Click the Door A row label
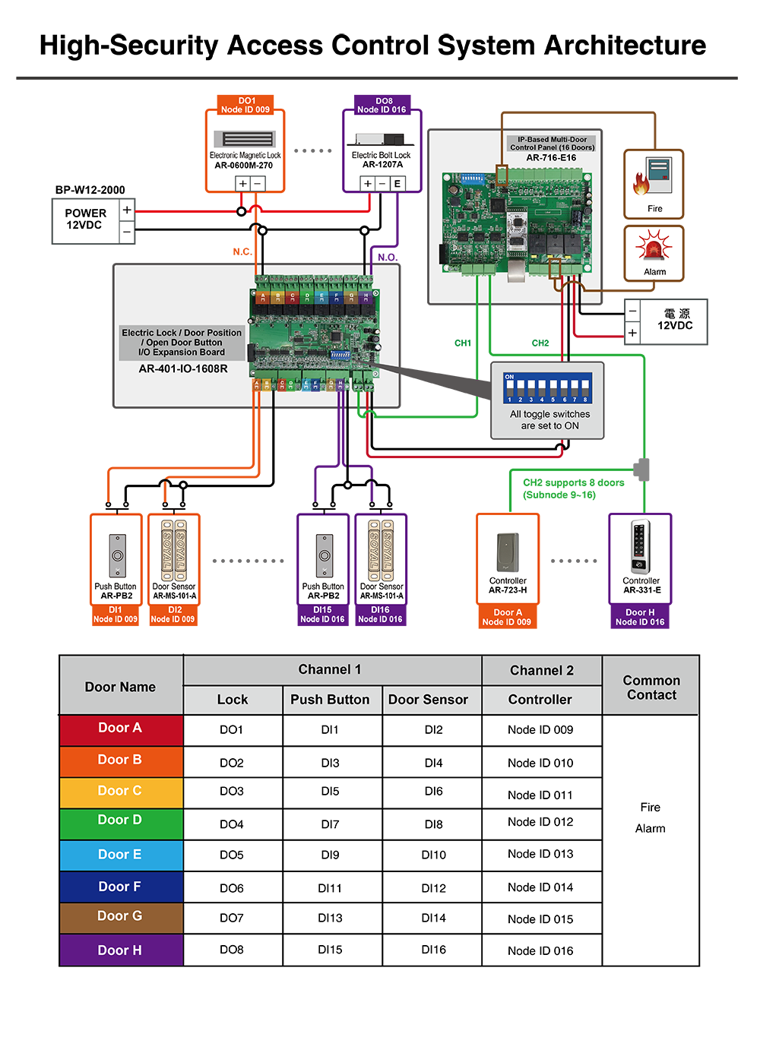[x=121, y=729]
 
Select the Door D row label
[x=121, y=820]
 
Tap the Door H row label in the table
[x=121, y=950]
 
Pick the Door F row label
[x=121, y=887]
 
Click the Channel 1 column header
[x=331, y=670]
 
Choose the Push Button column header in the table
[x=331, y=700]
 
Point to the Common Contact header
[x=651, y=688]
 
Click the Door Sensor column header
[x=429, y=700]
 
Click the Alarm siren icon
[x=654, y=248]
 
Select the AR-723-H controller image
[x=508, y=552]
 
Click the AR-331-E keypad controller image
[x=641, y=546]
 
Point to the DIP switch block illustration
[x=547, y=387]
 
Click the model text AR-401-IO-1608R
[x=183, y=369]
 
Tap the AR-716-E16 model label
[x=552, y=158]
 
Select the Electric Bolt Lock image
[x=381, y=140]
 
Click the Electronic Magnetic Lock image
[x=245, y=139]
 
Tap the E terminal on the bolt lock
[x=397, y=184]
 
